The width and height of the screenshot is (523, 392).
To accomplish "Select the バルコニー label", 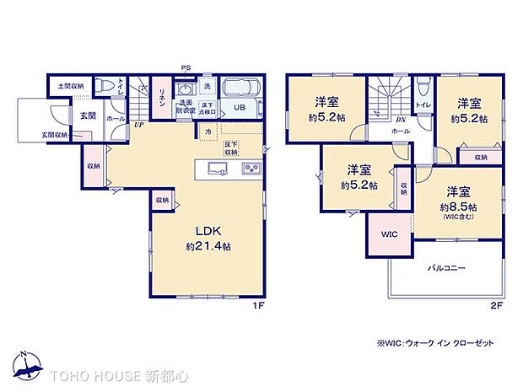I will click(446, 267).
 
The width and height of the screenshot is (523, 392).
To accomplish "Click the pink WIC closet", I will click(389, 234).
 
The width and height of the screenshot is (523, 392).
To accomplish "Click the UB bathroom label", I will click(239, 107).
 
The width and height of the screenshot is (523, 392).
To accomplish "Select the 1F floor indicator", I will click(260, 305).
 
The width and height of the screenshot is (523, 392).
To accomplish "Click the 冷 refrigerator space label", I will click(208, 132).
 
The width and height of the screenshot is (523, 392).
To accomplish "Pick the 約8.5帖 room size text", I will click(458, 207).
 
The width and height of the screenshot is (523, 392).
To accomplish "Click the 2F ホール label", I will click(402, 132).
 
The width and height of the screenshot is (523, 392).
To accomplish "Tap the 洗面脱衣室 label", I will click(186, 108).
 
